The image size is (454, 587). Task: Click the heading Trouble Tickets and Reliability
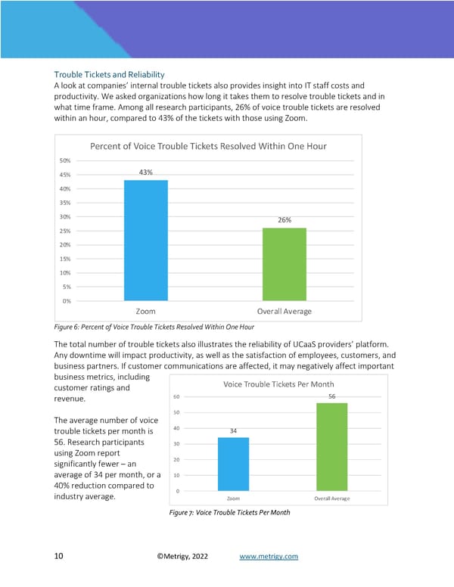tap(109, 75)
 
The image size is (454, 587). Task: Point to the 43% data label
tap(145, 172)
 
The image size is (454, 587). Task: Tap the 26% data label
tap(285, 220)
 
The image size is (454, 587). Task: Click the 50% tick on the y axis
tap(65, 160)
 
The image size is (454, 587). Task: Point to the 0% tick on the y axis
tap(67, 301)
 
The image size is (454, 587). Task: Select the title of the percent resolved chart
tap(208, 146)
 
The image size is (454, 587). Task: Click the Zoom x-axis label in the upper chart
tap(145, 311)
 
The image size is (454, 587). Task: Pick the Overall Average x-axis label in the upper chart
tap(285, 311)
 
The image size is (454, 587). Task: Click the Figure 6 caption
tap(154, 327)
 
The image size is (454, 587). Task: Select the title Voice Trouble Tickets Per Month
tap(278, 384)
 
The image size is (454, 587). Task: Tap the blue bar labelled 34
tap(233, 464)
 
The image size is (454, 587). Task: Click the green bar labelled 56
tap(331, 447)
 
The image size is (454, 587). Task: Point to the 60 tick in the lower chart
tap(176, 396)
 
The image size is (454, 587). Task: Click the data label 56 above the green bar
tap(331, 396)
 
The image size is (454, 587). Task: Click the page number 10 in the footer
tap(58, 557)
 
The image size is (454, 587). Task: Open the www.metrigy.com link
tap(269, 557)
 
